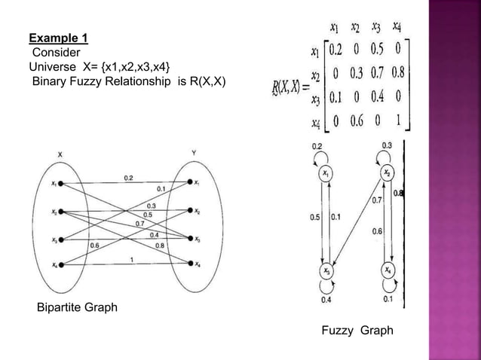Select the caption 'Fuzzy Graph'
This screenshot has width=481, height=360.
(x=357, y=330)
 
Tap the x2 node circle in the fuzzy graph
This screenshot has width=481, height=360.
(x=388, y=174)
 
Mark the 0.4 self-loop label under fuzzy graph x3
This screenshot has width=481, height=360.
(x=326, y=301)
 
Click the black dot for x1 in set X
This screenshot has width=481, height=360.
(x=62, y=183)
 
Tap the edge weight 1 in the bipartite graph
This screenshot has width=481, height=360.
(x=133, y=260)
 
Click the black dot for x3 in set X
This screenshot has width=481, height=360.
(x=62, y=239)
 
